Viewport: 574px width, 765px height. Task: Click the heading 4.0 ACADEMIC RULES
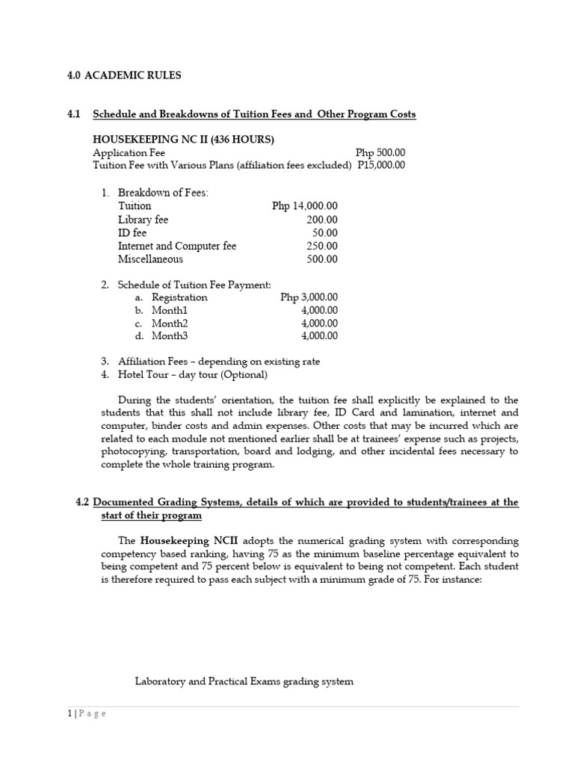[x=124, y=75]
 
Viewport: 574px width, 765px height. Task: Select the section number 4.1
[x=73, y=114]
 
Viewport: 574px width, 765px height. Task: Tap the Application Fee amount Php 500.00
[x=380, y=152]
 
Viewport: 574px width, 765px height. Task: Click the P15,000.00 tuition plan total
[x=381, y=165]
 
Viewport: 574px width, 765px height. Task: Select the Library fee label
[x=143, y=220]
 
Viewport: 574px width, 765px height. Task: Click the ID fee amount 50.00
[x=324, y=233]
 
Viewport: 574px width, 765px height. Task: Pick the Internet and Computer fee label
[x=177, y=247]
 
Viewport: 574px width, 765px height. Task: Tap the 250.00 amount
[x=322, y=247]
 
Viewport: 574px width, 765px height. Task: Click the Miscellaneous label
[x=150, y=260]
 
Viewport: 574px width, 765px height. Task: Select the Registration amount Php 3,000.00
[x=309, y=297]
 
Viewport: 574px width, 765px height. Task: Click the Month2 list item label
[x=170, y=323]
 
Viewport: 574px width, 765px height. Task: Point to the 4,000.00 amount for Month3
[x=319, y=336]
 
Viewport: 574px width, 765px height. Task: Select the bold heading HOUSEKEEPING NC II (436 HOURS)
[x=183, y=140]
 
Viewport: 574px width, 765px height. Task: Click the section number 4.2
[x=82, y=503]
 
